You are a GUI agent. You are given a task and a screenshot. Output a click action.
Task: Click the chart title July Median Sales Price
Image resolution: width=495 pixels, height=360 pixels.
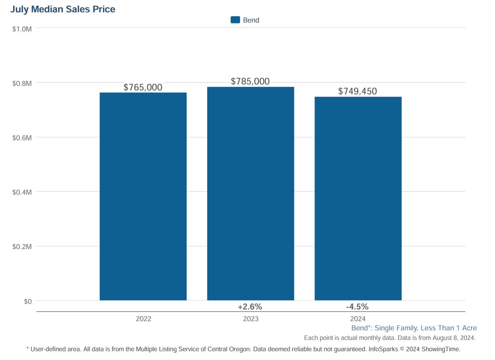(63, 9)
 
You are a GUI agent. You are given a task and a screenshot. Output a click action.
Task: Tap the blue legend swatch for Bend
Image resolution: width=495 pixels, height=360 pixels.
(235, 20)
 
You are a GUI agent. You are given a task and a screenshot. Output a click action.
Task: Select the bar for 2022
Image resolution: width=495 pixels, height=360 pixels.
(143, 196)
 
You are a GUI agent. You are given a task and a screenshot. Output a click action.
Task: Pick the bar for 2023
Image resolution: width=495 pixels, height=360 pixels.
(251, 193)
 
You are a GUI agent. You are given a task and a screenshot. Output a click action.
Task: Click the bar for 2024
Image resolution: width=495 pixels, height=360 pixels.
(358, 198)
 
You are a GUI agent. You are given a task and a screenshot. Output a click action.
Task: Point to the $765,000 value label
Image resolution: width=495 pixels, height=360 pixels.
(143, 87)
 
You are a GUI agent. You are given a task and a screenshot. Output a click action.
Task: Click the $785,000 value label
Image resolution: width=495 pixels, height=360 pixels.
(250, 81)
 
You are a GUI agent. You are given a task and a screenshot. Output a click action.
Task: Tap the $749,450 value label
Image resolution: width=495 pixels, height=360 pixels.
(357, 91)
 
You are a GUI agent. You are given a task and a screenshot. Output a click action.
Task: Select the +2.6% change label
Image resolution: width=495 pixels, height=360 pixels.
(250, 307)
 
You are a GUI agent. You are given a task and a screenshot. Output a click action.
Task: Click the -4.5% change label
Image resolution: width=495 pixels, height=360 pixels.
(357, 307)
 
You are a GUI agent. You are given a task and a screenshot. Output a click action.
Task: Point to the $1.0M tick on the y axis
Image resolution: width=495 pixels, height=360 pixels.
(22, 29)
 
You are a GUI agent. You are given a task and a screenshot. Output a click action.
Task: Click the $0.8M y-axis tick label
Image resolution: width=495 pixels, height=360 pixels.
(22, 83)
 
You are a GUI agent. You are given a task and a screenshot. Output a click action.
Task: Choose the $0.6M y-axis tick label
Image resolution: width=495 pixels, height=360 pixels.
(22, 138)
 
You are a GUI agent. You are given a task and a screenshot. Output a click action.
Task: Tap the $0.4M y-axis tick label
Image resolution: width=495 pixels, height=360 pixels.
(22, 192)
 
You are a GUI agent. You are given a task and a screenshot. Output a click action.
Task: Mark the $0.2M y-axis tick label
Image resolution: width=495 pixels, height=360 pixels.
(22, 247)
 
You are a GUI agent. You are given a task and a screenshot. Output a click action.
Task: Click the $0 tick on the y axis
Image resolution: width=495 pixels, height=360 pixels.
(28, 301)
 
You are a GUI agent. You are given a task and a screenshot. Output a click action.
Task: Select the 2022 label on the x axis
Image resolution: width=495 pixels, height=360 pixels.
(143, 319)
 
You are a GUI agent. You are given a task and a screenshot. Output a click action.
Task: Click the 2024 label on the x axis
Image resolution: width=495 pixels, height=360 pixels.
(358, 319)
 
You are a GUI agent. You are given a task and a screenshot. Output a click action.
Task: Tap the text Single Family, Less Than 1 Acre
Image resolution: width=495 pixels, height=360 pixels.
(426, 328)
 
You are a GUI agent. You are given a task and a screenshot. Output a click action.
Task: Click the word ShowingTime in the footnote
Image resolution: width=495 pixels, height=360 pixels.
(441, 349)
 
